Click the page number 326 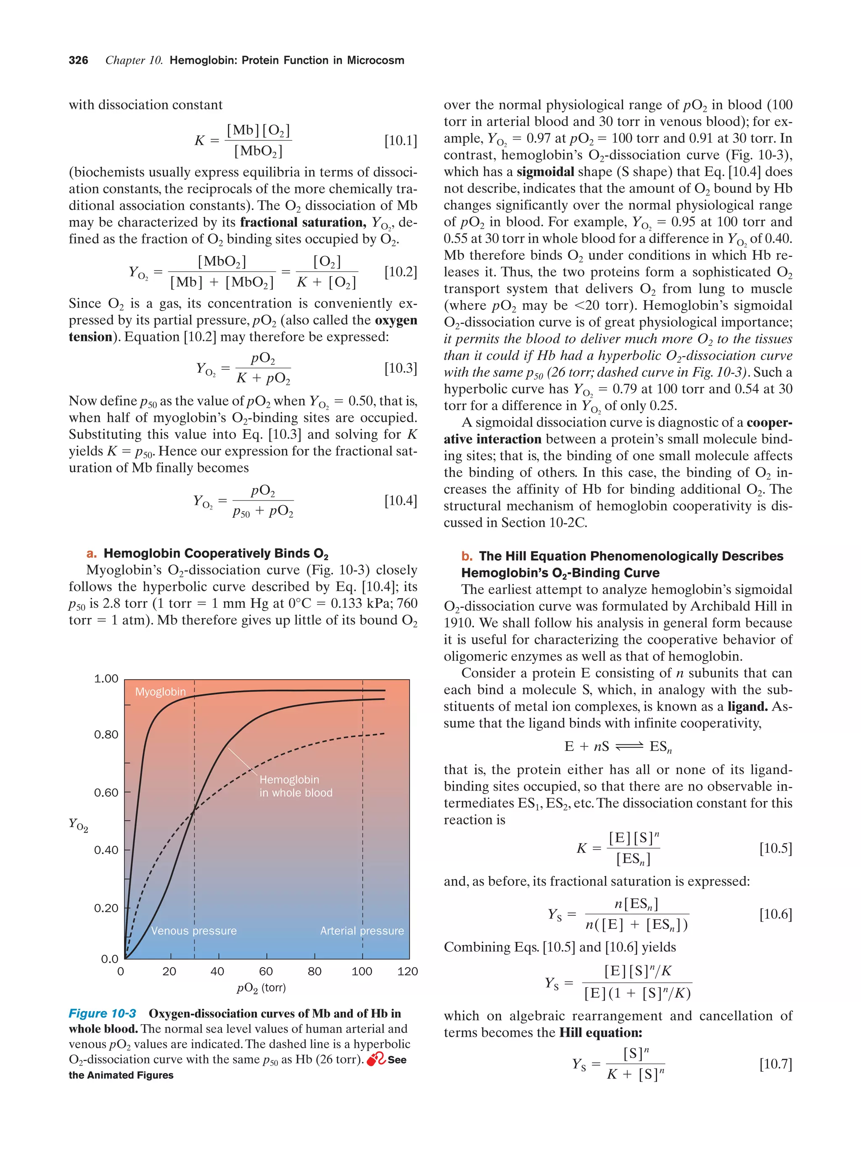pos(78,61)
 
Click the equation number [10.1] pos(401,141)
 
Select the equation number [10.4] pos(401,501)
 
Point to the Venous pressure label pos(194,931)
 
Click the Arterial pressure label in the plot pos(362,931)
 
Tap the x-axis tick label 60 pos(266,971)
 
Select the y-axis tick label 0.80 pos(106,735)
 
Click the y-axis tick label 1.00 pos(106,679)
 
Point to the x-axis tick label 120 pos(407,971)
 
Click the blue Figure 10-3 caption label pos(102,1013)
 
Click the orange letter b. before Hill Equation pos(467,556)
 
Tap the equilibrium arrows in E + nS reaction pos(629,747)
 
